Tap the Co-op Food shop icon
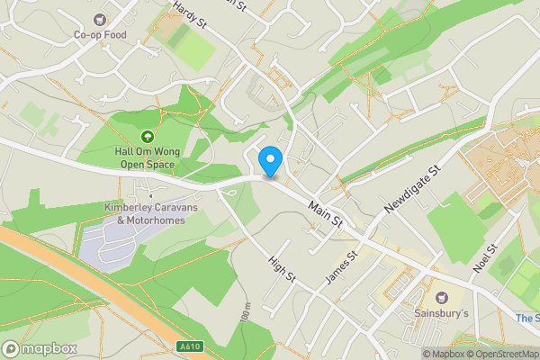coord(100,19)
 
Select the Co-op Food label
coord(100,35)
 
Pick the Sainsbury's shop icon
coord(441,296)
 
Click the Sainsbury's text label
coord(441,312)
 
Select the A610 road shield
coord(188,347)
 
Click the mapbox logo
coord(40,348)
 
